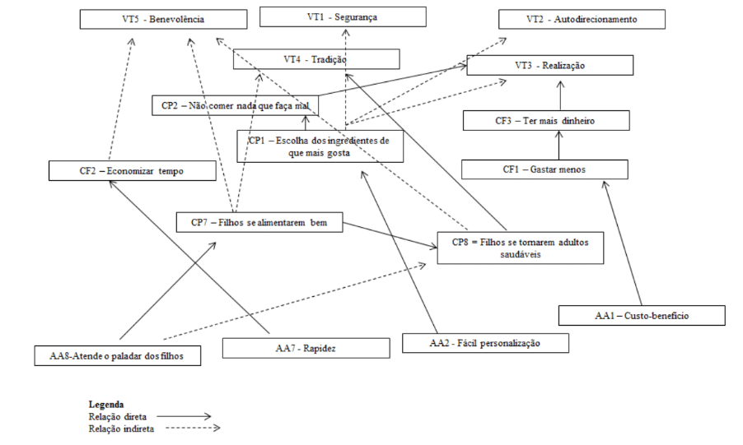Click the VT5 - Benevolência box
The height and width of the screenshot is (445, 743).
pos(164,19)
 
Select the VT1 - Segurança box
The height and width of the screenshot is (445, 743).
pos(343,17)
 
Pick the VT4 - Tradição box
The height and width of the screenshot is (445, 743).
pos(316,59)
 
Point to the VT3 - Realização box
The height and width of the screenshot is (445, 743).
pos(550,66)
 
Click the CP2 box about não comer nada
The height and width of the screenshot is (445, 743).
pos(236,105)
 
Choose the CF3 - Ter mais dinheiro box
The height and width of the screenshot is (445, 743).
pos(546,121)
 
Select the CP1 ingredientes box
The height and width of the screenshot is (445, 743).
pos(320,146)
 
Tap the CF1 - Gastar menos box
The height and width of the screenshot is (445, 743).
pos(544,169)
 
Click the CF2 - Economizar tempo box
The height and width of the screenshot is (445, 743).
pos(133,171)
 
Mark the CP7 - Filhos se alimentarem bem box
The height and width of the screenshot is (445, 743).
pos(259,222)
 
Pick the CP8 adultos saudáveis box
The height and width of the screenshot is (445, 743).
pos(519,248)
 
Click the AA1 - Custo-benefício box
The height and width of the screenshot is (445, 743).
pos(641,315)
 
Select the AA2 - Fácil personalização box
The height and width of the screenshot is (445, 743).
pos(485,342)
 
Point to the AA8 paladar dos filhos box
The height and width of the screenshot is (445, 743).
pos(119,356)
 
